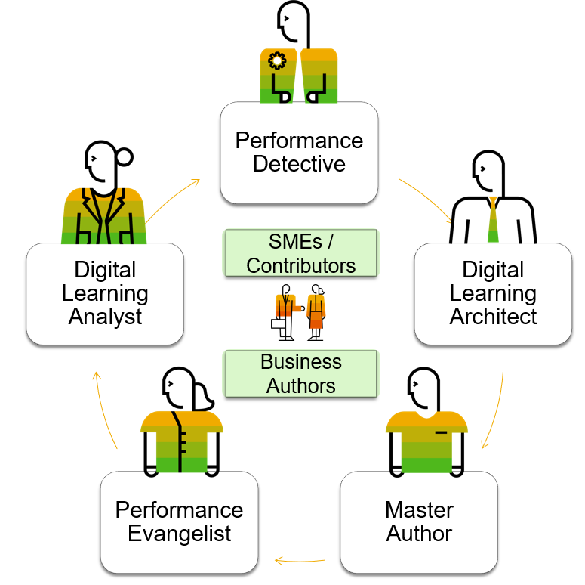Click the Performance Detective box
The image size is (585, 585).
pyautogui.click(x=299, y=153)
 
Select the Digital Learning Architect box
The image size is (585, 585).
pyautogui.click(x=493, y=293)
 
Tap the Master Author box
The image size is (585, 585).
pyautogui.click(x=419, y=522)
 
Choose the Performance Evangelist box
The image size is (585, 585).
pyautogui.click(x=180, y=522)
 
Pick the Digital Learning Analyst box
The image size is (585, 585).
pyautogui.click(x=105, y=293)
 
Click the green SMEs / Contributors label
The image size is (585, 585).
pyautogui.click(x=300, y=253)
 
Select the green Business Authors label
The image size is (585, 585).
pyautogui.click(x=300, y=373)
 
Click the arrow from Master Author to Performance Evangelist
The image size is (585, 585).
pyautogui.click(x=300, y=561)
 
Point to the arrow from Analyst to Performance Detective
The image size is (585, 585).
pyautogui.click(x=174, y=198)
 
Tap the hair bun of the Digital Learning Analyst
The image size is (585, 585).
pyautogui.click(x=125, y=156)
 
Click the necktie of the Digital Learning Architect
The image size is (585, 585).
pyautogui.click(x=493, y=219)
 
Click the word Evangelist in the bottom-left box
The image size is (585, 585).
pyautogui.click(x=180, y=534)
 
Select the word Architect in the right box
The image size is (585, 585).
pyautogui.click(x=493, y=316)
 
